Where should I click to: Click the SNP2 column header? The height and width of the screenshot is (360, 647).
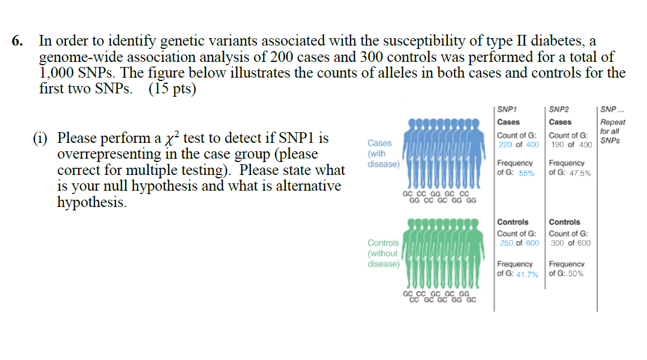pos(559,110)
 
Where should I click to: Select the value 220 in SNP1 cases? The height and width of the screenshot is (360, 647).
pos(506,145)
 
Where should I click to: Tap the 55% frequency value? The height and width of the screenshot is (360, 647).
pos(527,173)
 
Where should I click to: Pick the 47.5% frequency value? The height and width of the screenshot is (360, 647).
pos(579,173)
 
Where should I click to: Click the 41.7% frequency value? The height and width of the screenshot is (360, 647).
pos(527,274)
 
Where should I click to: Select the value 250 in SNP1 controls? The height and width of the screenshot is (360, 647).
pos(506,243)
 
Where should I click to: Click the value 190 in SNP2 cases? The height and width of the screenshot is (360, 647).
pos(558,145)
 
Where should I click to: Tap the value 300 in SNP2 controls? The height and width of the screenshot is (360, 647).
pos(558,243)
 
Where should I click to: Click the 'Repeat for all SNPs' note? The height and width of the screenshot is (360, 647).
pos(612,131)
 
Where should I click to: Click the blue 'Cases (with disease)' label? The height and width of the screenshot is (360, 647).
pos(383,154)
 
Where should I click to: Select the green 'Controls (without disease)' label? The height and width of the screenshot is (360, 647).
pos(383,253)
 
